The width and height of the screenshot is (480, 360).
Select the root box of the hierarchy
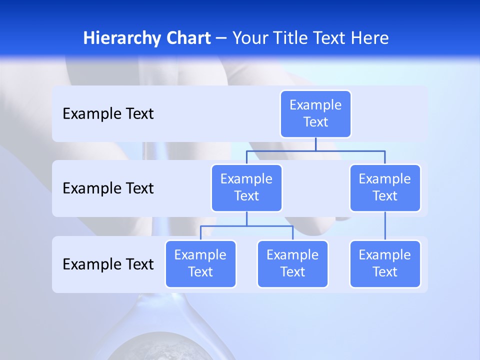tap(315, 113)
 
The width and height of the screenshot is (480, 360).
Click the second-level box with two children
tap(246, 187)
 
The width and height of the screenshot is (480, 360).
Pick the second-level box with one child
tap(385, 187)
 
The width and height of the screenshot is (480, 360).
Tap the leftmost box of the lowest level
tap(200, 263)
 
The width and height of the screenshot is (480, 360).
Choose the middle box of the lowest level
tap(292, 263)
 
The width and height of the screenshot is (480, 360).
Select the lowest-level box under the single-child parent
tap(385, 263)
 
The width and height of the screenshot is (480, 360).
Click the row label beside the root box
tap(108, 114)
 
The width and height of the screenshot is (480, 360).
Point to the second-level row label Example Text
tap(108, 188)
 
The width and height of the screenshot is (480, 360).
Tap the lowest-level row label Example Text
tap(108, 264)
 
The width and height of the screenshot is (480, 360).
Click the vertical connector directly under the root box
tap(315, 144)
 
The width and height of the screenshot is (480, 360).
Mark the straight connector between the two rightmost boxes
tap(385, 226)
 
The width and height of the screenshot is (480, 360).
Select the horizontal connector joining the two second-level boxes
tap(315, 150)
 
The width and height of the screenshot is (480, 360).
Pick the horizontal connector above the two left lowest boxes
tap(246, 226)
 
